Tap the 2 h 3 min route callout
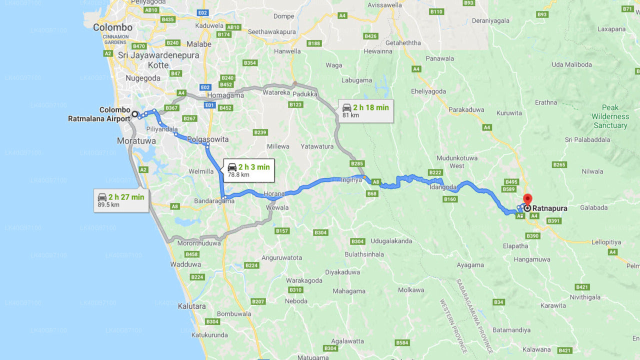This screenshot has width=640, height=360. point(248,170)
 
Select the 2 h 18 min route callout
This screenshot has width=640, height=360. point(365,111)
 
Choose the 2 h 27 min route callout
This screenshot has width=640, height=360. point(121,200)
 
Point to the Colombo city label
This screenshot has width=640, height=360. point(112,27)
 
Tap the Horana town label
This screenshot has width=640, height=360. point(274,193)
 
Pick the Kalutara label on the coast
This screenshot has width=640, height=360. point(191,306)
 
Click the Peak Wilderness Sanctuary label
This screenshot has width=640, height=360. point(610,116)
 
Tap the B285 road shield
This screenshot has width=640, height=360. point(357,163)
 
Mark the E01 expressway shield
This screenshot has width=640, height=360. point(209,105)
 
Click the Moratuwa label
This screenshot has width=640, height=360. point(136,141)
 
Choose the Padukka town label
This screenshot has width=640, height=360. point(305,93)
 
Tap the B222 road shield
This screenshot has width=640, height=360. point(435,172)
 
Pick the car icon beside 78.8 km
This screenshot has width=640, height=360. point(232,167)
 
